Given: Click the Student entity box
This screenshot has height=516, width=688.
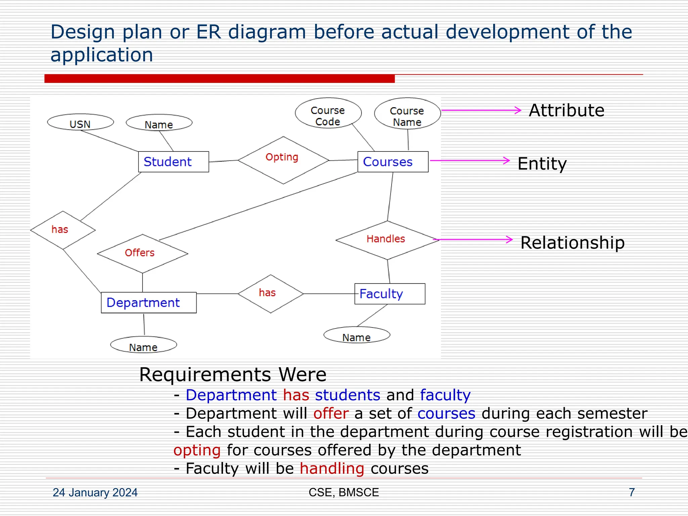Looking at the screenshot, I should click(173, 162).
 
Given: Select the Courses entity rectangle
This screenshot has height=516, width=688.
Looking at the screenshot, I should click(393, 162).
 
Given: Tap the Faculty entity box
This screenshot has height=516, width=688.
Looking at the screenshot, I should click(390, 294).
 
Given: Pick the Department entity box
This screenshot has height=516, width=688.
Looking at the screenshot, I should click(148, 302).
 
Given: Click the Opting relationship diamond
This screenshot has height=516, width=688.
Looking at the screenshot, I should click(283, 160).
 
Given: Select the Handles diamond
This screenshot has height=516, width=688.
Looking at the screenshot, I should click(387, 240).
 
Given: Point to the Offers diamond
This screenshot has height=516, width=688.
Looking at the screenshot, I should click(142, 253).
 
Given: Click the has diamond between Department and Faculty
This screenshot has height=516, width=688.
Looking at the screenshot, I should click(270, 294).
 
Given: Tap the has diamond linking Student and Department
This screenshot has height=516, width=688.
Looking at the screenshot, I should click(63, 230).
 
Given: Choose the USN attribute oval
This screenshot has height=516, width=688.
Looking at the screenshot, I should click(80, 122).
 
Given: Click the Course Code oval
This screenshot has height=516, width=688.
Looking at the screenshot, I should click(328, 113).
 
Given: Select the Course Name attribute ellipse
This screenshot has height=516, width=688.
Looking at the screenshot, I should click(407, 114).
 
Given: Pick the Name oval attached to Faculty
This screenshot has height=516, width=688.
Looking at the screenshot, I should click(356, 335).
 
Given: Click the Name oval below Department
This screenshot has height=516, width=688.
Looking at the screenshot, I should click(143, 345).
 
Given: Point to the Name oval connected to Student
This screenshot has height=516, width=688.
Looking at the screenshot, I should click(159, 123).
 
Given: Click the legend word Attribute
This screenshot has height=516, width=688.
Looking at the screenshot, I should click(566, 110).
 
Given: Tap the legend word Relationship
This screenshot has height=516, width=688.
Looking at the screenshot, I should click(572, 243).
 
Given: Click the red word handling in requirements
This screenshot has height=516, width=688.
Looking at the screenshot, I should click(332, 468).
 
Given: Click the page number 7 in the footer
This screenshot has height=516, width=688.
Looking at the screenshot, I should click(632, 492).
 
